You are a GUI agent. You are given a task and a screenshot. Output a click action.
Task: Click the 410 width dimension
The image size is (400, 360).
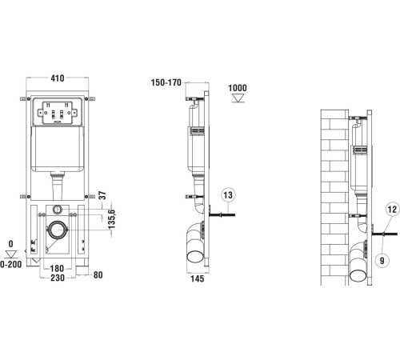[58, 79]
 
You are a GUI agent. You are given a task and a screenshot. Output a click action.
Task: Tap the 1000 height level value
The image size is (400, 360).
[238, 87]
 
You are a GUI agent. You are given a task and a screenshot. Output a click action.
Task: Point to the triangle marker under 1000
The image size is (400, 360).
[237, 99]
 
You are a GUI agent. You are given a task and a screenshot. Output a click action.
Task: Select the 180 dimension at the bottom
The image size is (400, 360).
[58, 270]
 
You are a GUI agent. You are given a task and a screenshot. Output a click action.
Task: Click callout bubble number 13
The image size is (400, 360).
[228, 194]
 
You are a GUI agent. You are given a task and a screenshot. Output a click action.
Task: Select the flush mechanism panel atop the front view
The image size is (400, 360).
[57, 114]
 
